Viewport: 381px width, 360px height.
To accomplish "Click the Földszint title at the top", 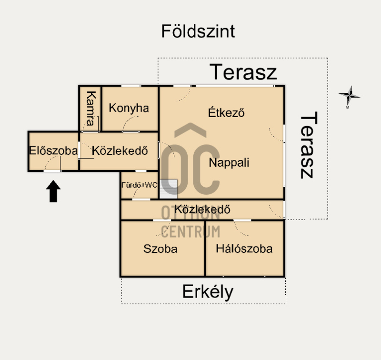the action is tap(198, 31).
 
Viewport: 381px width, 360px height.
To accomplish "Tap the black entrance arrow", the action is tap(53, 191).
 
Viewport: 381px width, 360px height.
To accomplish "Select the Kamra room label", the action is tap(91, 109).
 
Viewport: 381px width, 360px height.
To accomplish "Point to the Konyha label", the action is tap(129, 108).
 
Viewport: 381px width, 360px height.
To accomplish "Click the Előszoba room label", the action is tap(53, 150).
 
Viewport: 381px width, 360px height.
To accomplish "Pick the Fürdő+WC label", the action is tap(140, 185).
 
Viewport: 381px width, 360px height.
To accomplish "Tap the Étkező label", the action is tap(226, 112).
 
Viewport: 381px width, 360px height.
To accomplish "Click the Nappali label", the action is tap(229, 162).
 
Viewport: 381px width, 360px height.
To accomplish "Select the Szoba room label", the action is tap(160, 249).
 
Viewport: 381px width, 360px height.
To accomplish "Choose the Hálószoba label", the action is tap(244, 249).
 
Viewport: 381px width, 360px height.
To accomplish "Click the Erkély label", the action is tap(208, 292).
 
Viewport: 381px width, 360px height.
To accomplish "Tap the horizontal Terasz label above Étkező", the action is tap(243, 72).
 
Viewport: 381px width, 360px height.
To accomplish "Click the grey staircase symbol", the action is tap(169, 189).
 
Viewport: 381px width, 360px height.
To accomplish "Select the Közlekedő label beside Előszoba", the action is tap(120, 151).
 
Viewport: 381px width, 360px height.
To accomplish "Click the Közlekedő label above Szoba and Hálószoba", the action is tap(202, 210).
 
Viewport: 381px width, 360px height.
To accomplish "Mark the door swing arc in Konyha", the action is tap(130, 124).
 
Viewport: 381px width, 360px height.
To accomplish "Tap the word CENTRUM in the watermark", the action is tap(191, 231).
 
